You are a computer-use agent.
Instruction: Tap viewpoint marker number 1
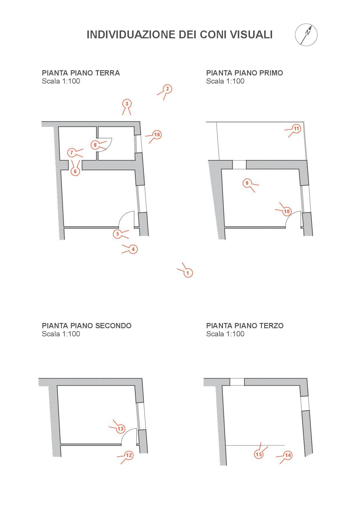pos(188,273)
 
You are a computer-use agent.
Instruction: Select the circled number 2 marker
pos(167,89)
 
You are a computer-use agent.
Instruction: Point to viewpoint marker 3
pos(127,104)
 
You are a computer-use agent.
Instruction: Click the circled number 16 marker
pos(157,135)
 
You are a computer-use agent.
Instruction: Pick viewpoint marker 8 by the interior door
pos(95,145)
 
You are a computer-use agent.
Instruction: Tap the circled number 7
pos(72,152)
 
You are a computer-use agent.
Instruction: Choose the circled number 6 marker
pos(75,171)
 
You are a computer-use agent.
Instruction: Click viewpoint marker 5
pos(118,234)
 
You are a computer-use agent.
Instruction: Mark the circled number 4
pos(133,249)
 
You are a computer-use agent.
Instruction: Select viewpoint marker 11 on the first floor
pos(296,129)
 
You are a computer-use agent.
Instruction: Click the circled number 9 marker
pos(247,183)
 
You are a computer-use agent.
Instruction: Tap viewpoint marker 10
pos(287,211)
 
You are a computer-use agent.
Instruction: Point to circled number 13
pos(120,429)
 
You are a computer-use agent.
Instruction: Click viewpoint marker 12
pos(129,455)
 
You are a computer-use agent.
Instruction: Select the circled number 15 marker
pos(259,454)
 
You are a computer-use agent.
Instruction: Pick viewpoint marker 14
pos(288,455)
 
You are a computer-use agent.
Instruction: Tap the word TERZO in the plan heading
pos(271,326)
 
